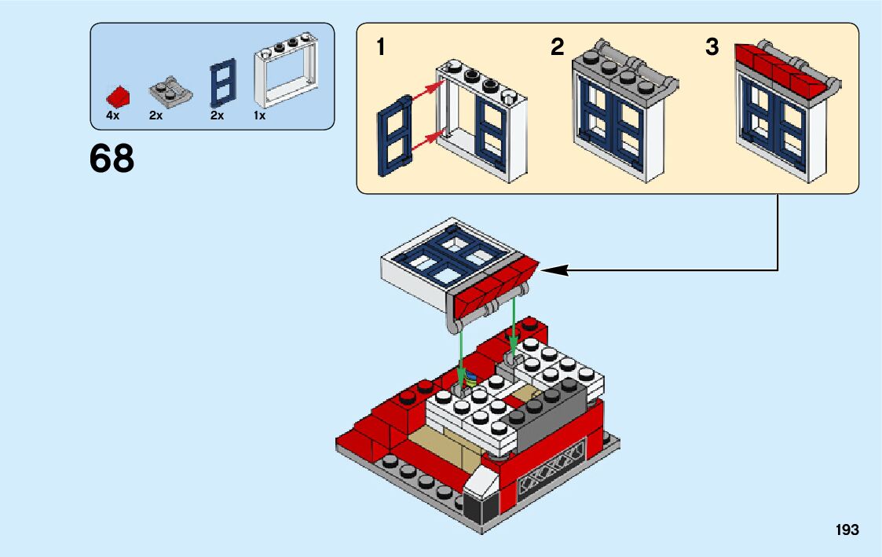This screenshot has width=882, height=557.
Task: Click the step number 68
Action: (112, 159)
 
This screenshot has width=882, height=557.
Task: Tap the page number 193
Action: (847, 530)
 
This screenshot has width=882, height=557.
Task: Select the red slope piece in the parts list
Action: (118, 97)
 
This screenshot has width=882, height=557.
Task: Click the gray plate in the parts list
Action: (170, 93)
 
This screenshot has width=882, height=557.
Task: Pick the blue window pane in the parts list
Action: (221, 83)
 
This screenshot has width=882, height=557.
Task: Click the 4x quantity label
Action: (112, 115)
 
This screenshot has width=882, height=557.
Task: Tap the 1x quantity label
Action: (259, 115)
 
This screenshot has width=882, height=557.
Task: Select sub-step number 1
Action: (381, 48)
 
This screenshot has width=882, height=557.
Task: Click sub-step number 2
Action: (557, 48)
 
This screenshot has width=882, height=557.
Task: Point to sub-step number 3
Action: (712, 48)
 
